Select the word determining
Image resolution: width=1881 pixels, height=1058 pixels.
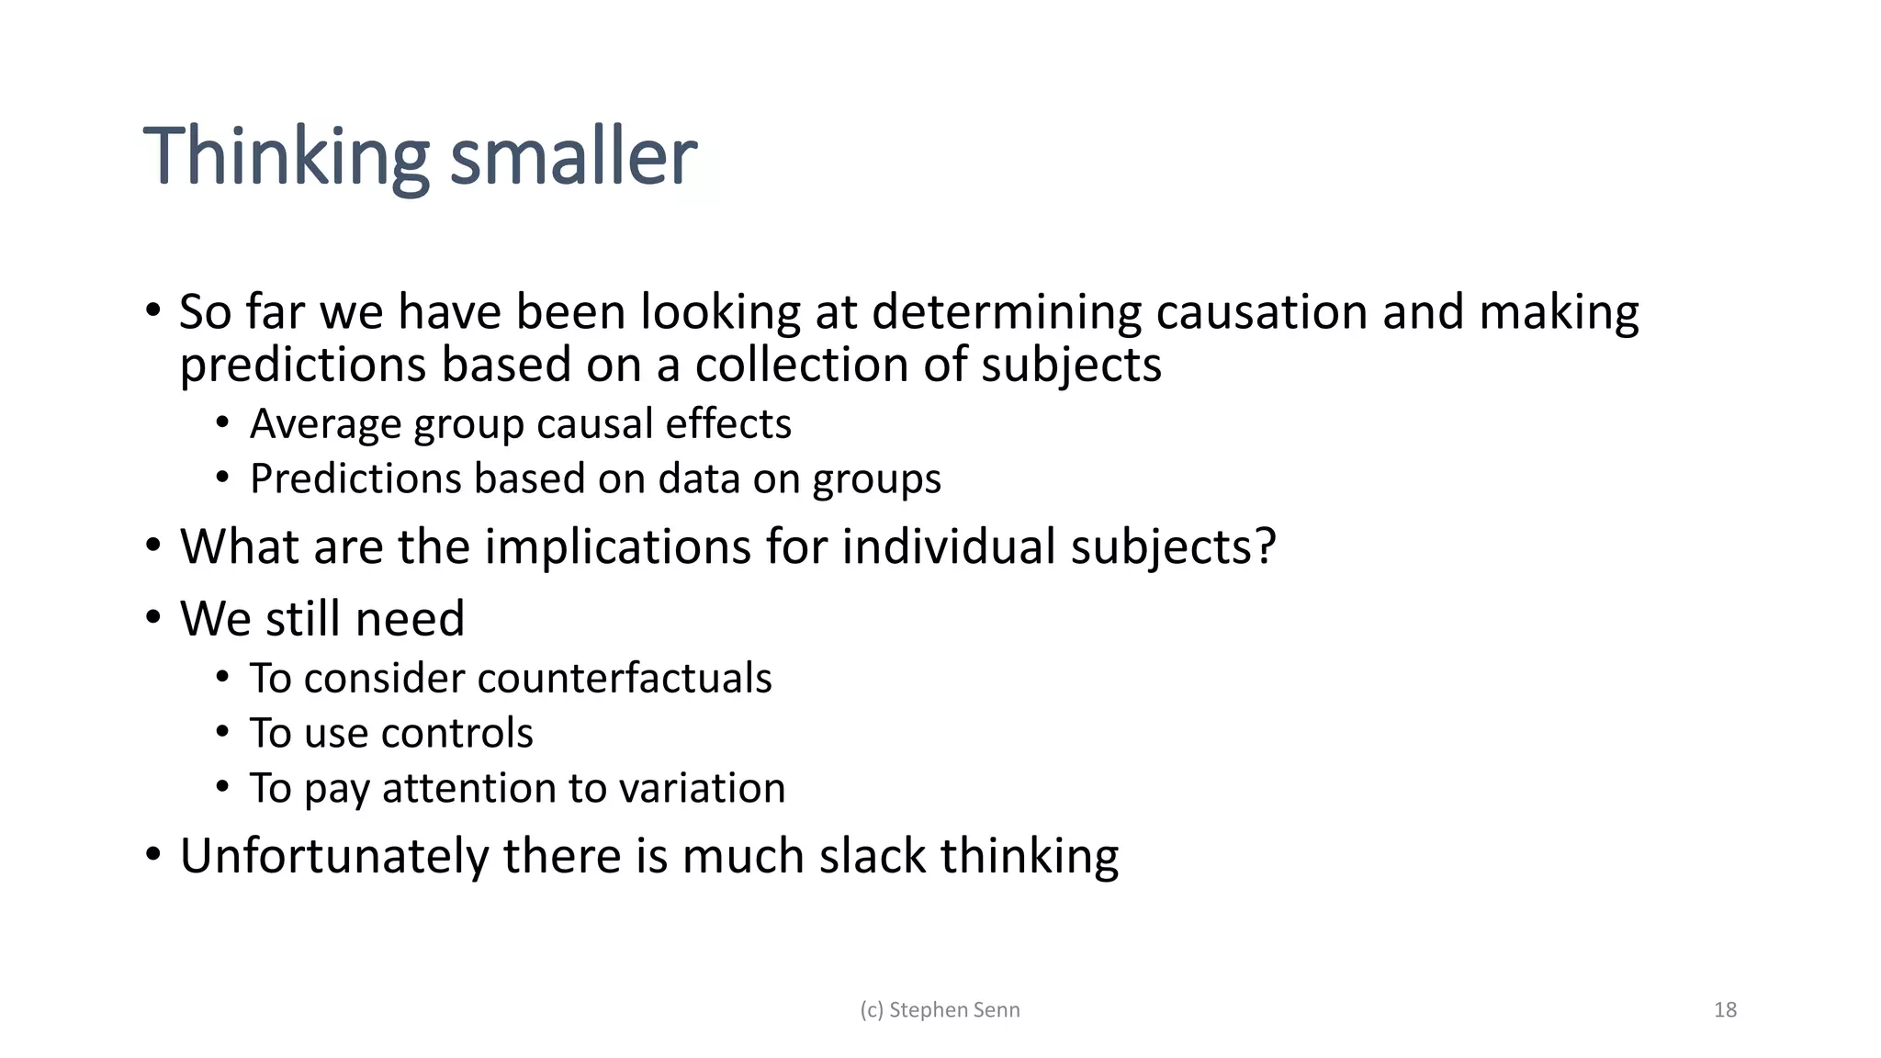pyautogui.click(x=1006, y=312)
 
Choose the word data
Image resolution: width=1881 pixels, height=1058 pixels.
pyautogui.click(x=699, y=479)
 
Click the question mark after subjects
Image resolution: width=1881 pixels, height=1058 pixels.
pyautogui.click(x=1267, y=547)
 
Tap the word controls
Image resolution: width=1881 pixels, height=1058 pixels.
pyautogui.click(x=456, y=734)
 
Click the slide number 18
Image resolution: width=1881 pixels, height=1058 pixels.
pyautogui.click(x=1725, y=1010)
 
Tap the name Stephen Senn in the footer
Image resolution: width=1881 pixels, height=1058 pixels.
pyautogui.click(x=954, y=1010)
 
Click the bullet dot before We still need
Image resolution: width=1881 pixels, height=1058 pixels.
pyautogui.click(x=153, y=617)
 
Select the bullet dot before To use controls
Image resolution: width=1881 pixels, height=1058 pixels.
pyautogui.click(x=222, y=733)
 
